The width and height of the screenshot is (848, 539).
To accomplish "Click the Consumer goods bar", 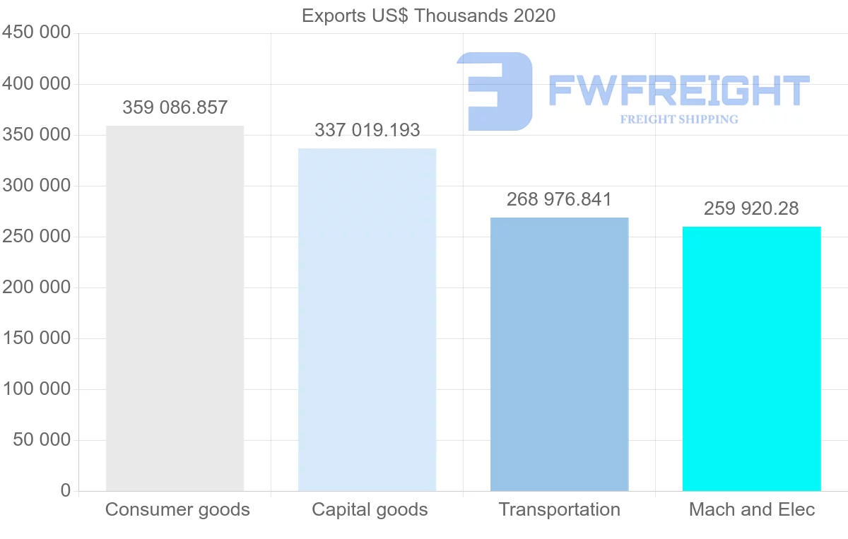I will coord(175,308).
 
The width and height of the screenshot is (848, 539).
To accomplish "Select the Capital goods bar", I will coord(367,319).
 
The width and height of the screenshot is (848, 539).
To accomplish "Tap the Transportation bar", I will coord(559,354).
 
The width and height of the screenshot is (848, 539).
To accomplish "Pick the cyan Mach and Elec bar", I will coord(751,358).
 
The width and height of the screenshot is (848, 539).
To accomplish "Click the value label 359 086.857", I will coord(175,107).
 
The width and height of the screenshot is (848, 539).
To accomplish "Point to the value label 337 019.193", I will coord(367,130).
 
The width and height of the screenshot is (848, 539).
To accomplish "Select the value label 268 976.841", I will coord(559,199).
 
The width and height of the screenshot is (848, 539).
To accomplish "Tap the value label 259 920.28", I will coord(751,208).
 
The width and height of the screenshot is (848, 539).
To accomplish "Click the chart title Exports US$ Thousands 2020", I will coord(428,16).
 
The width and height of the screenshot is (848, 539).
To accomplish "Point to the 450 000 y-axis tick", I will coord(37,33).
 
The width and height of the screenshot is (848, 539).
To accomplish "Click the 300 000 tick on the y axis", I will coord(37,186).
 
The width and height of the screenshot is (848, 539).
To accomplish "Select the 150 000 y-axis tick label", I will coord(37,338).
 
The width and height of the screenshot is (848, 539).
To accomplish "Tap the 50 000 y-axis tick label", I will coord(42,440).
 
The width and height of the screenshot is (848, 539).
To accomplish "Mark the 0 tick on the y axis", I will coord(66,491).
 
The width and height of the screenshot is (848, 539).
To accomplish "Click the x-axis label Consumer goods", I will coord(177,509).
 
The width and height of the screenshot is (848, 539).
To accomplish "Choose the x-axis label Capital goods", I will coord(370,509).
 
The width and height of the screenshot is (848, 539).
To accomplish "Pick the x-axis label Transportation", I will coord(559,509).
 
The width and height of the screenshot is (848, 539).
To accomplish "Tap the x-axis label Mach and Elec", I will coord(752,509).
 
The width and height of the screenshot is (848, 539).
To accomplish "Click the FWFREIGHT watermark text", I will coord(678,90).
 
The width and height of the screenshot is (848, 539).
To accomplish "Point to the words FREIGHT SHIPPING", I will coord(679,119).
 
